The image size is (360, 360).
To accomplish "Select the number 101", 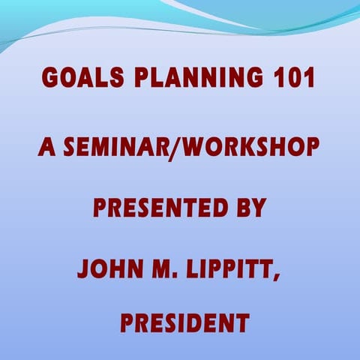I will click(286, 78).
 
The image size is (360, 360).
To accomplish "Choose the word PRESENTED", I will click(155, 207).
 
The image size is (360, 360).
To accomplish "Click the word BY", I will click(250, 207).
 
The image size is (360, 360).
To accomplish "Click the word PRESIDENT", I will click(184, 323).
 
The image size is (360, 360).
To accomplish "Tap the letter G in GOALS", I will click(50, 78).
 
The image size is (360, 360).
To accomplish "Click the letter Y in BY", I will click(258, 207).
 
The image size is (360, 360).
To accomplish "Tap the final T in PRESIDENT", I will click(241, 323).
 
